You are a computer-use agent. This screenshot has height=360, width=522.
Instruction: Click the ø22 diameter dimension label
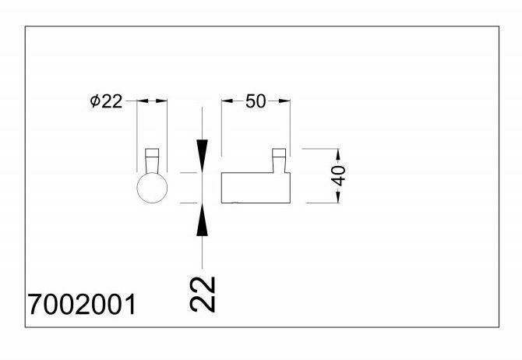coord(107,102)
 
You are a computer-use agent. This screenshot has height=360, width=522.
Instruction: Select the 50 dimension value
coord(256,101)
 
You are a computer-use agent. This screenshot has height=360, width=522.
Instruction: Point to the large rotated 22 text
coord(203,294)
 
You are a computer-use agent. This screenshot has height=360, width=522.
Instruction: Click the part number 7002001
coord(81,304)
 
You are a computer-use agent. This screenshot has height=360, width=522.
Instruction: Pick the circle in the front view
coord(152,188)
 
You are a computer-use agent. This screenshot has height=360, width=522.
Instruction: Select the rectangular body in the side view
coord(256,187)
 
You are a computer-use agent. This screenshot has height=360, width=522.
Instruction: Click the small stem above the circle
coord(153,160)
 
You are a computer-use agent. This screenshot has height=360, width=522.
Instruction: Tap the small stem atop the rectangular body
coord(279,160)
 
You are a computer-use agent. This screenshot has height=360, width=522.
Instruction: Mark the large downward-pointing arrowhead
coord(203,154)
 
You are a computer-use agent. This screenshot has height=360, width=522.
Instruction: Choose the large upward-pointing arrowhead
coord(203,221)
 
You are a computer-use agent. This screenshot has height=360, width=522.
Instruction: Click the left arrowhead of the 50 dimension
coord(227,101)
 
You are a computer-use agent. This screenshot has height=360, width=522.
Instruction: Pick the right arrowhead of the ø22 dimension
coord(164,101)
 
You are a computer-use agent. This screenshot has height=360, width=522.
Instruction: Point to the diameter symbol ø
coord(94,102)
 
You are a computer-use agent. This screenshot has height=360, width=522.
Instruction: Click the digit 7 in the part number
coord(34,304)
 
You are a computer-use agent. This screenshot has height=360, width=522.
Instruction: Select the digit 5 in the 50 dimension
coord(250,101)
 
